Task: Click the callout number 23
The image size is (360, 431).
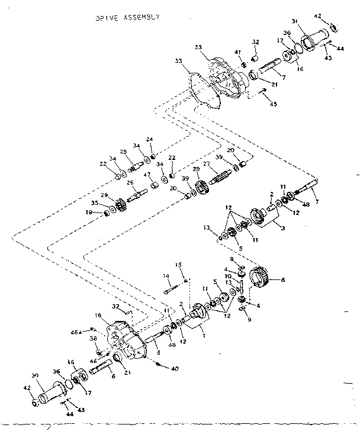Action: point(198,48)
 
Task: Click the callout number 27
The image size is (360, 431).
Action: point(207,164)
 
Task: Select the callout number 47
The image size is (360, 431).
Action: point(146,175)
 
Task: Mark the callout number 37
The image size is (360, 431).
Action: point(116,306)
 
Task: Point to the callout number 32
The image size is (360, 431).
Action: point(256,41)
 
